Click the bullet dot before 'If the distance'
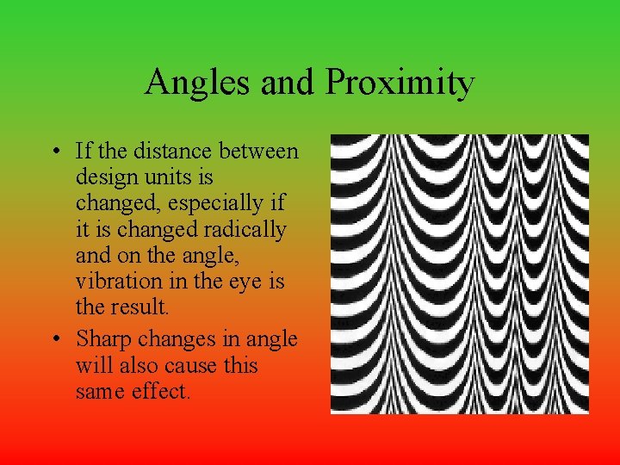tap(55, 152)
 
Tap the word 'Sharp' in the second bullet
tap(101, 340)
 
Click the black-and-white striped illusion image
tap(460, 274)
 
